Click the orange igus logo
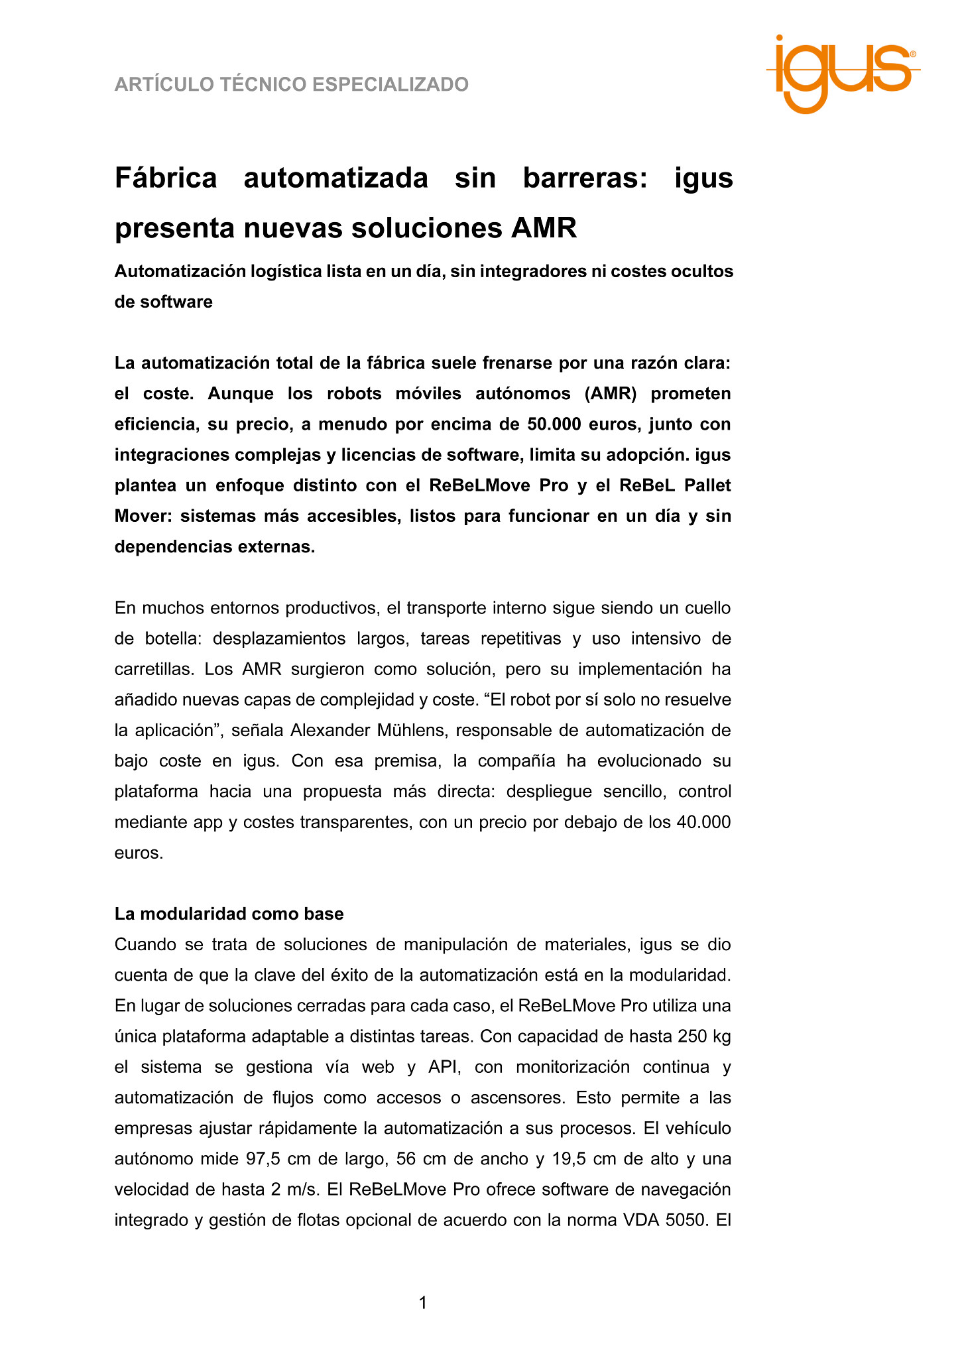[843, 73]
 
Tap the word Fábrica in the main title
[166, 178]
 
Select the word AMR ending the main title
[544, 228]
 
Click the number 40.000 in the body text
[703, 822]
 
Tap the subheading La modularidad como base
[229, 914]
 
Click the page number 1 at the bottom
[423, 1303]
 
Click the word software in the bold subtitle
[177, 302]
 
